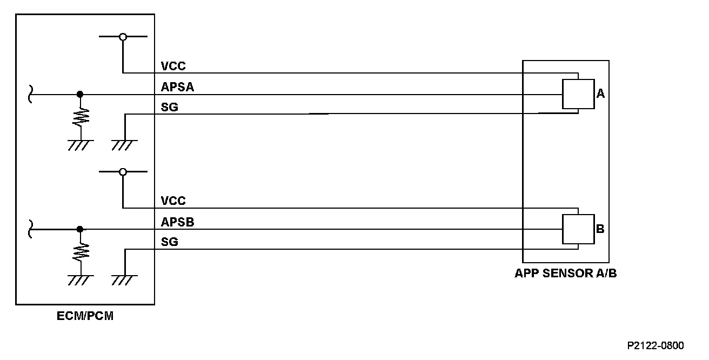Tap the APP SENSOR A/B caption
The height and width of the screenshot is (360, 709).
565,273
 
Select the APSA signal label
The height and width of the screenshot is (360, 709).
177,86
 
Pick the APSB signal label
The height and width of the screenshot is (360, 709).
177,222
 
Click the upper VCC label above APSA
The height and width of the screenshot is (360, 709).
173,66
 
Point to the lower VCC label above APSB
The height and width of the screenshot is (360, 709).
173,201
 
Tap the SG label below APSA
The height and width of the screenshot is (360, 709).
170,107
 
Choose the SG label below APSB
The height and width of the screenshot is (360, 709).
170,242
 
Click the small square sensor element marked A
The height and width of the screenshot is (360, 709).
578,94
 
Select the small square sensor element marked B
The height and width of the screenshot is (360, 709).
578,229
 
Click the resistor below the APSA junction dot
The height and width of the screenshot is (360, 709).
81,116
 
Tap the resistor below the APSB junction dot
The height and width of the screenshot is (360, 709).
81,251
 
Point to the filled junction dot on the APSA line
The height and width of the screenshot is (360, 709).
80,94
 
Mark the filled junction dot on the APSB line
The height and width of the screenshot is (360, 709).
80,229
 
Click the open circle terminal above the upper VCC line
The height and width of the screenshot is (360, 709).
123,37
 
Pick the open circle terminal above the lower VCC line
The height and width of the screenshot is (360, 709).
123,172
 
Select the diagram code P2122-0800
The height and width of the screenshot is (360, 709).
656,345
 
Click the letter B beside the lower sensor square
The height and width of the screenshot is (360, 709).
600,229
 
